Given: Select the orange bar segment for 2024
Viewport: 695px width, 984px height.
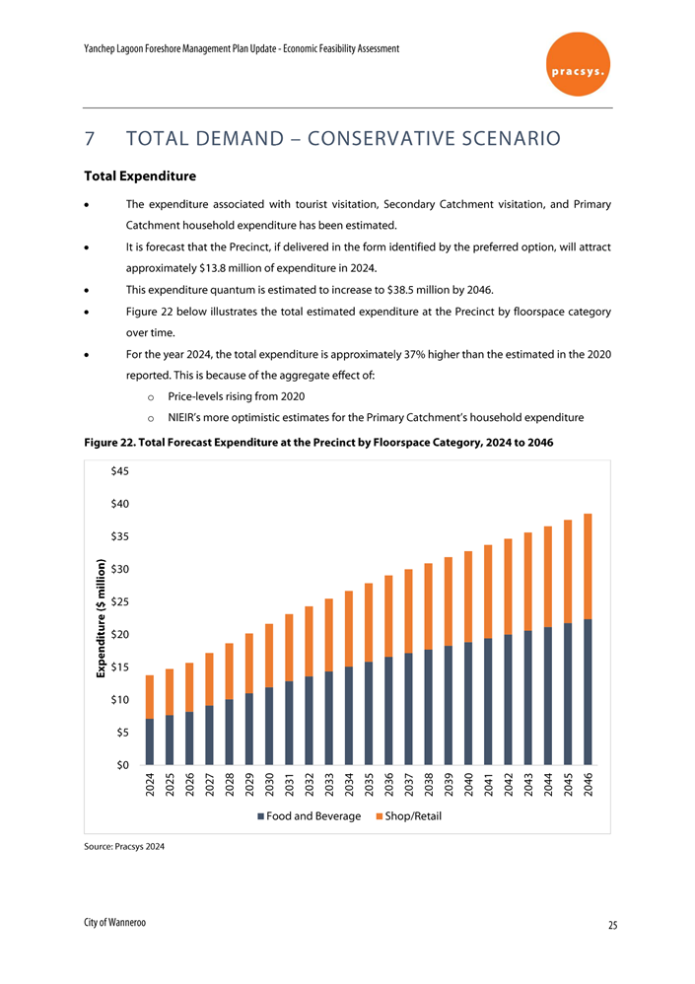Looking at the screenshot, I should [149, 697].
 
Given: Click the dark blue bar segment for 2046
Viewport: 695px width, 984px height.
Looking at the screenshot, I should [588, 691].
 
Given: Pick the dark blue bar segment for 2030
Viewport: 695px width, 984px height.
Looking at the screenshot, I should [269, 726].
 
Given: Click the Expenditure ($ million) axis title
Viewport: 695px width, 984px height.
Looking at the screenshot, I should [102, 618].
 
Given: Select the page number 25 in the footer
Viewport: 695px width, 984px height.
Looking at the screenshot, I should [612, 926].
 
